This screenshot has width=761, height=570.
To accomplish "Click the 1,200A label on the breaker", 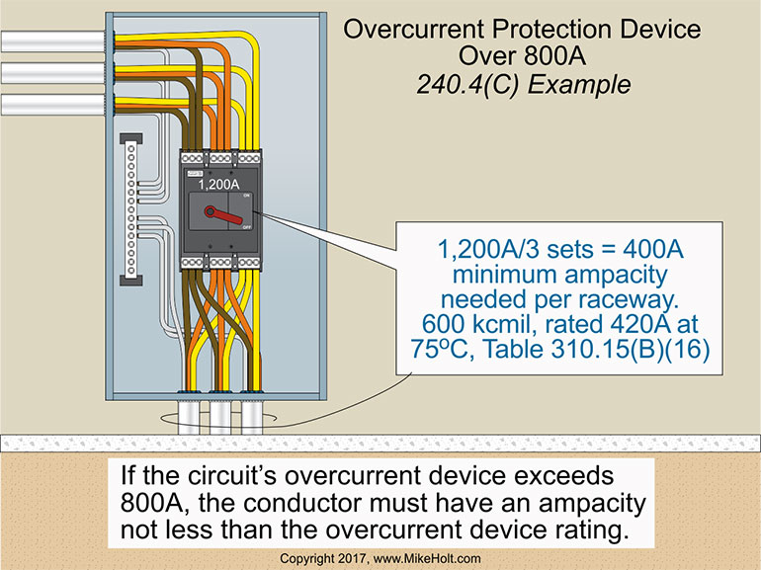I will (219, 185).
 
